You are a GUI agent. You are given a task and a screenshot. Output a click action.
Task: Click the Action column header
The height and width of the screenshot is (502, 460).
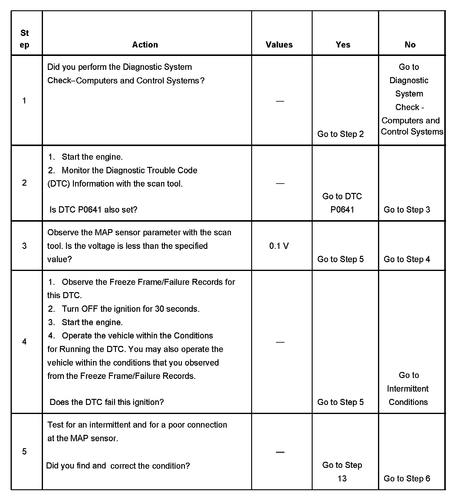[145, 45]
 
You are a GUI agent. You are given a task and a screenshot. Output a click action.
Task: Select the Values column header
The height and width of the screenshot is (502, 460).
[279, 45]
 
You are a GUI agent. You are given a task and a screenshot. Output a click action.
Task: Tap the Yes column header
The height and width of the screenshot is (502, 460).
[343, 45]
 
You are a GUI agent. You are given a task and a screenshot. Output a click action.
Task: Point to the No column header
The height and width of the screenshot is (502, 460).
[410, 45]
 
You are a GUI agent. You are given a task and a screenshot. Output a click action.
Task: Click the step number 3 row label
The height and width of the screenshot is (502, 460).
[25, 246]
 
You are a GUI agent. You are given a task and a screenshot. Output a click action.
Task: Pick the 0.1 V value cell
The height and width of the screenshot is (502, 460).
[279, 246]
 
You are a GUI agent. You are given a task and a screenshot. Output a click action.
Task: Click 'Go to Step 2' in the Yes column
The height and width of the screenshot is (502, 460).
[340, 134]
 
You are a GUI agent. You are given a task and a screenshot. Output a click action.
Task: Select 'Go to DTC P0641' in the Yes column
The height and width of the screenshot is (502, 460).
[342, 203]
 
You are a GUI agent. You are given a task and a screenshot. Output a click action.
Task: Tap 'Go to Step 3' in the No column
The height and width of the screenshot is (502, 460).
[407, 210]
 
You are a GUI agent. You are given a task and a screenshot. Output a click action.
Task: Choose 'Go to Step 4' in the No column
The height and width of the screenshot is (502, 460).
[407, 259]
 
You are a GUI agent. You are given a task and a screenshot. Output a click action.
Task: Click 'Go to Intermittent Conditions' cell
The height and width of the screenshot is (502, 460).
[408, 389]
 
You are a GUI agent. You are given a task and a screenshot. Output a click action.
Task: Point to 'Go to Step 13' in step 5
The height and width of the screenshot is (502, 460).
[342, 471]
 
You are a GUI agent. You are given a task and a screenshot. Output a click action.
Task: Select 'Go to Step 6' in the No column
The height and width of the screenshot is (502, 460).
[407, 478]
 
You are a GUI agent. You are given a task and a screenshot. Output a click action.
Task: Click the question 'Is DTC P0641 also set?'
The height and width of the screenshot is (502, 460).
[94, 210]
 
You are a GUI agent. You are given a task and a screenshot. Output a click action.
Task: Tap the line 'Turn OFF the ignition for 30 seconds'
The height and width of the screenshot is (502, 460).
[130, 309]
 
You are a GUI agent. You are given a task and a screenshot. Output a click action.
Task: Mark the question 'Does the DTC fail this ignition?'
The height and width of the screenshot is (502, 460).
[107, 402]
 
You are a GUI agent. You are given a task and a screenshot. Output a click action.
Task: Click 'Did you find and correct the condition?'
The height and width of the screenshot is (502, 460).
[118, 466]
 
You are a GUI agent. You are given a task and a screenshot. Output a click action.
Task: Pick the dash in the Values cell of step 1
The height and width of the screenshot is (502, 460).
[280, 101]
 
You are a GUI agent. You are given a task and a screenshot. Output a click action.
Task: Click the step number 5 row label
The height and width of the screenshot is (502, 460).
[25, 451]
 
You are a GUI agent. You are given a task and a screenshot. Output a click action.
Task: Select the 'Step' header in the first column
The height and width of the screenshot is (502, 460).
[25, 39]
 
